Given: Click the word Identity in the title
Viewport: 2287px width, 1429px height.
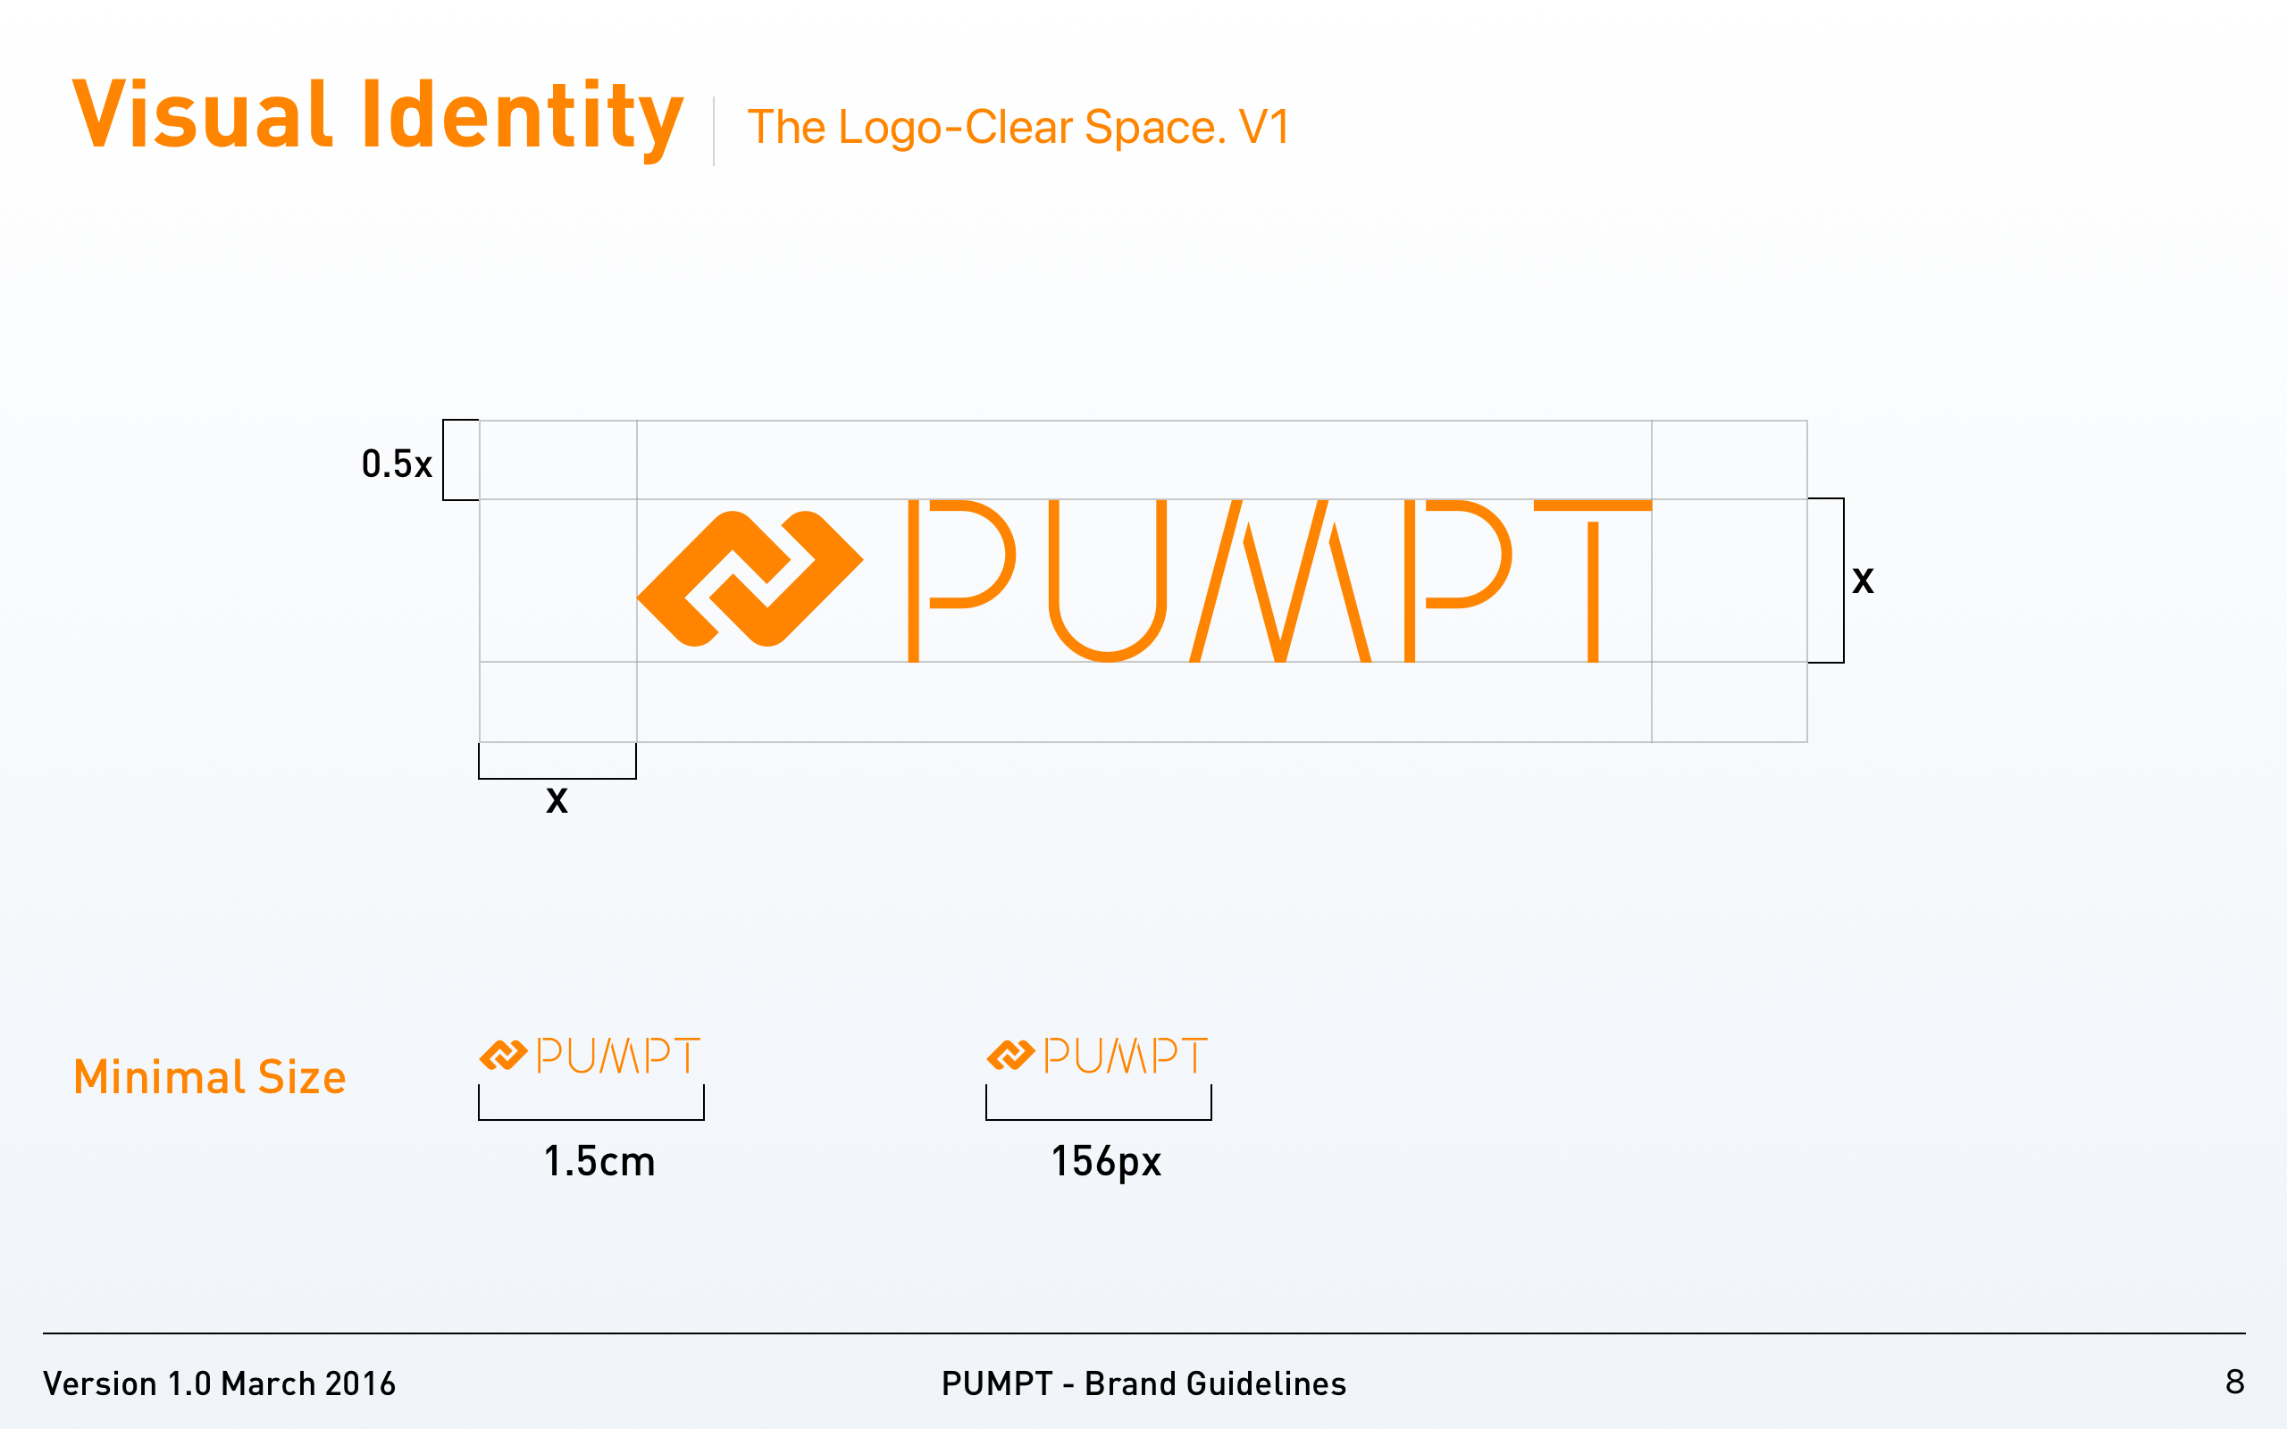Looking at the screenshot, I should pos(522,117).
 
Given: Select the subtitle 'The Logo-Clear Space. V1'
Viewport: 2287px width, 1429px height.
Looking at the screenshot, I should pos(1018,128).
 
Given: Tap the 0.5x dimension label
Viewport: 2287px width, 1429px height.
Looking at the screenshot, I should pos(397,464).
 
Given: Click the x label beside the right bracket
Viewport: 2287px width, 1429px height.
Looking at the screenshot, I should pos(1863,581).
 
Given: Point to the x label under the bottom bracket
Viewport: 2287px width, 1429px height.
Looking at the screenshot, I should pos(557,800).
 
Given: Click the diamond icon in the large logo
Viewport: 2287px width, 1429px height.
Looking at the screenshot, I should pos(750,579).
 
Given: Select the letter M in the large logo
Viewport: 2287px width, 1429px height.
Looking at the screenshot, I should pos(1280,581).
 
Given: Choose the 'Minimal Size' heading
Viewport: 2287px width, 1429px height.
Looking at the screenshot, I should pos(210,1077).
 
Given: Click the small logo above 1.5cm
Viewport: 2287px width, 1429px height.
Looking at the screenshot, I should pos(590,1055).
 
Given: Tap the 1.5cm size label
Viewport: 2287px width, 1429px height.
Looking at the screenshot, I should pos(599,1162).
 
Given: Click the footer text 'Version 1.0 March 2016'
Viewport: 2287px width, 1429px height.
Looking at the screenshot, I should pos(219,1383).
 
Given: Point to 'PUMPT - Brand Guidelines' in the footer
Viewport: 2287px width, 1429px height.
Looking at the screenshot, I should pos(1143,1383).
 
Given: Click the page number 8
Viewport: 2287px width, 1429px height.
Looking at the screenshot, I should pos(2234,1382).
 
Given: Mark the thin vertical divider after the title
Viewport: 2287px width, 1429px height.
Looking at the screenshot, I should pos(714,130).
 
